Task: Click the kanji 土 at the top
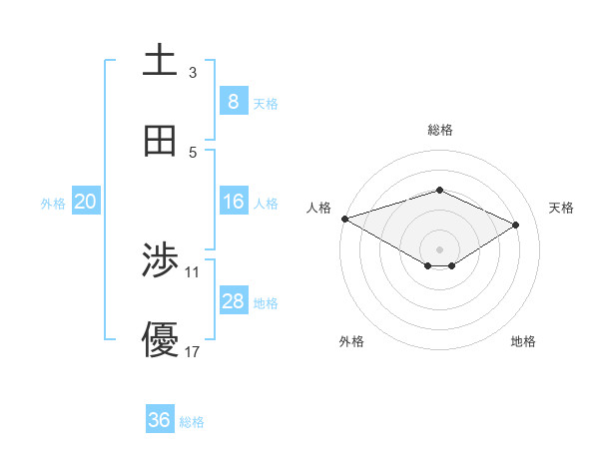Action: pos(160,59)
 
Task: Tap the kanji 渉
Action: pos(160,261)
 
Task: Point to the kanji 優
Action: pos(160,340)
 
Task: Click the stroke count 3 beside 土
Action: pos(192,73)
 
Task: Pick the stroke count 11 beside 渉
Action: pos(193,271)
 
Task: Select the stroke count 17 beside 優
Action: pos(193,351)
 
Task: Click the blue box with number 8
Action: pos(233,102)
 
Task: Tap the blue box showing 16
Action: pos(233,203)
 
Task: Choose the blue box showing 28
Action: pos(233,301)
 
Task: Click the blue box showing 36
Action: pos(160,420)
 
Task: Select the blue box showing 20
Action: pos(86,203)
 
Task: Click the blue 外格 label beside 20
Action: pos(53,204)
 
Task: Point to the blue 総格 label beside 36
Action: pos(192,422)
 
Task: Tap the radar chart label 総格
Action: pos(440,130)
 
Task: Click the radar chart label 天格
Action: pos(561,208)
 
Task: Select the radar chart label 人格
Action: pos(318,208)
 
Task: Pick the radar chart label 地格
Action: pos(523,342)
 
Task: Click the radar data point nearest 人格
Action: pos(344,219)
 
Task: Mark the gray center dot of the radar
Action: pos(440,248)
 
